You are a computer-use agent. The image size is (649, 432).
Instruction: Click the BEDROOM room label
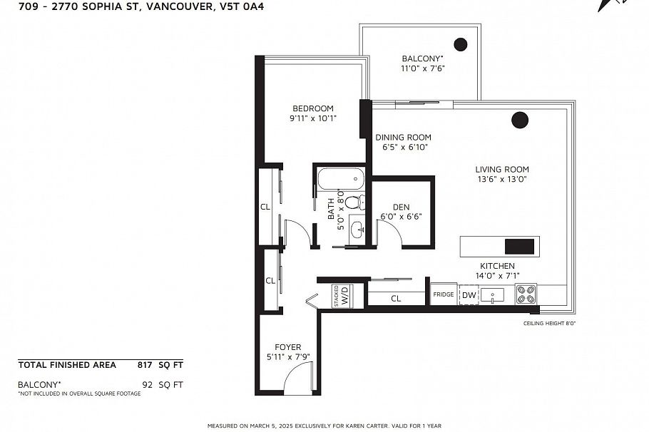point(312,108)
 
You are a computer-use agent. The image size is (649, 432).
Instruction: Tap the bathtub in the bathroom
point(340,179)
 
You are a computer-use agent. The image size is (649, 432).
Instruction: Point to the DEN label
point(401,207)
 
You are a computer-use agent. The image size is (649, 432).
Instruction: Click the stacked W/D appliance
point(342,295)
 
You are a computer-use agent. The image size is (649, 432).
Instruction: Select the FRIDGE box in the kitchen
point(443,294)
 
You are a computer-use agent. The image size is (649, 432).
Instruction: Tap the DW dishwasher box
point(469,295)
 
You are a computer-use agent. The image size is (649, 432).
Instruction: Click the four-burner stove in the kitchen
point(526,294)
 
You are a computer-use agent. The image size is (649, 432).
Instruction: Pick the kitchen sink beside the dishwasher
point(492,294)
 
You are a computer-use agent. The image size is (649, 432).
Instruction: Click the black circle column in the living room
point(520,120)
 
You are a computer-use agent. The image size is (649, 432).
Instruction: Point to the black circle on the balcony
point(461,44)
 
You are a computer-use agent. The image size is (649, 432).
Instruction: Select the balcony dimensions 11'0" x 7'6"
point(422,69)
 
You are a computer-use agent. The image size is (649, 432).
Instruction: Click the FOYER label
point(288,347)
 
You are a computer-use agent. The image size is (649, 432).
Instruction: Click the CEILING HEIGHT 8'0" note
point(549,323)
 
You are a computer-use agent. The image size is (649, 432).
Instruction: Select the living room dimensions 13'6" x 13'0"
point(502,180)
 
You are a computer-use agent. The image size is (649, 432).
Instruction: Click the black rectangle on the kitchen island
point(519,247)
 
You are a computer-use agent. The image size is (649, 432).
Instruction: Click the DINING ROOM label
point(404,138)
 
